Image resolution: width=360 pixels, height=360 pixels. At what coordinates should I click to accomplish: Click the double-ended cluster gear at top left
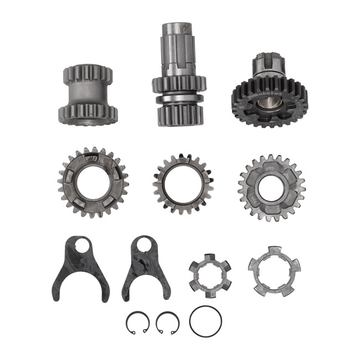pos(88,95)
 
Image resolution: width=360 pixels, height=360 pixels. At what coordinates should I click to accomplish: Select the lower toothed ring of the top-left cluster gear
pos(89,113)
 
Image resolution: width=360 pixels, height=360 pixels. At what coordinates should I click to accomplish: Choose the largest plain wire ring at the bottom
pos(205,321)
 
